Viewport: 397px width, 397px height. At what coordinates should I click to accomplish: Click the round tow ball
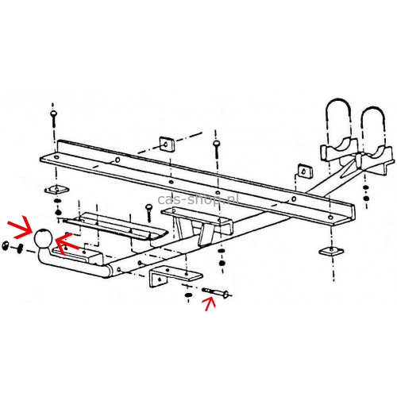click(x=42, y=237)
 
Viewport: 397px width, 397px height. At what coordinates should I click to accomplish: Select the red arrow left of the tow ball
click(x=20, y=227)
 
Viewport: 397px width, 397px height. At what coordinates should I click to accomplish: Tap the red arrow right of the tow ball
click(x=67, y=243)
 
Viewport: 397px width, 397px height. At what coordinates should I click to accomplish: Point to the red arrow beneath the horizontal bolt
click(x=210, y=303)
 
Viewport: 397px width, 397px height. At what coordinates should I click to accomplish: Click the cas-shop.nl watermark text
click(x=198, y=199)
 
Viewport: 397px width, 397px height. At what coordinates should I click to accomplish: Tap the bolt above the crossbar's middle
click(x=217, y=148)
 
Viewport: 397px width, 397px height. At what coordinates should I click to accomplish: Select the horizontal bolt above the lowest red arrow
click(x=216, y=292)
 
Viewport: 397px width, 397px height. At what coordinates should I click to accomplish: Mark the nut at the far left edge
click(x=5, y=245)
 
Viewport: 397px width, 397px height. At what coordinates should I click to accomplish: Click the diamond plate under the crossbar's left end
click(x=56, y=189)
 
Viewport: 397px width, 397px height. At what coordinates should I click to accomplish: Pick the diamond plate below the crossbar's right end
click(x=331, y=251)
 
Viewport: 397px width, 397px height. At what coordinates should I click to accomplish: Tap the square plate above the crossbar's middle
click(x=167, y=144)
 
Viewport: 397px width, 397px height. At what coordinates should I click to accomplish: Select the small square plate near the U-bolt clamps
click(x=305, y=171)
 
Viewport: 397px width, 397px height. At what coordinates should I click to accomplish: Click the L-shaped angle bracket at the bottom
click(x=172, y=276)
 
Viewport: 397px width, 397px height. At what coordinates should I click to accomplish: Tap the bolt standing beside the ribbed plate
click(x=148, y=213)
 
